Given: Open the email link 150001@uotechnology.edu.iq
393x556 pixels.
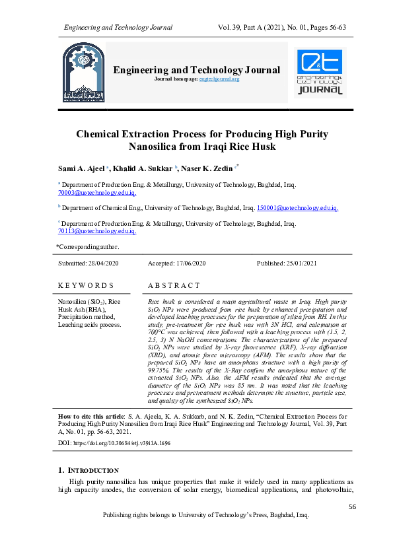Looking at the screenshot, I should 297,208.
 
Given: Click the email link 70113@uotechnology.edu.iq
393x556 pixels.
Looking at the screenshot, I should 97,231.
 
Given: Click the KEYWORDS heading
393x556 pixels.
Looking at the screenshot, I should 86,285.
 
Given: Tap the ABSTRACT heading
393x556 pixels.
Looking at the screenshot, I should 173,285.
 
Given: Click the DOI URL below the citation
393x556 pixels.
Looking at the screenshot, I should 124,444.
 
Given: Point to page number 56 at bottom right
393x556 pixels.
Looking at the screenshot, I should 351,506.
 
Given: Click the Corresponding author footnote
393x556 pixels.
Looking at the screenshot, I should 88,247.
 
